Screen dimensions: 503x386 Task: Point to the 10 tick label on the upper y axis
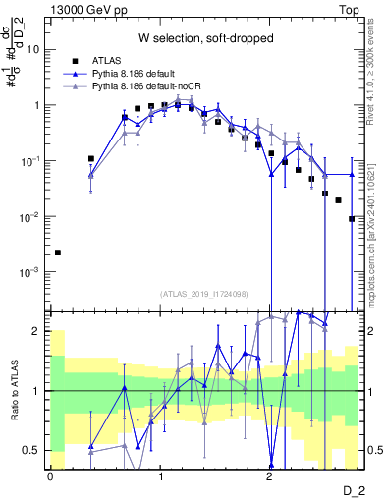(x=32, y=48)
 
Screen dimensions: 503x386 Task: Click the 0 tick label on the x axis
(x=49, y=476)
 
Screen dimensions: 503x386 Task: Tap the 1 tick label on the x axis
(x=160, y=476)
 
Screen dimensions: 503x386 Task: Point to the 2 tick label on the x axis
(x=270, y=476)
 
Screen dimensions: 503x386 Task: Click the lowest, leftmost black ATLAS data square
(x=57, y=252)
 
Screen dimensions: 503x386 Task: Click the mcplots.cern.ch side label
(x=374, y=255)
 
